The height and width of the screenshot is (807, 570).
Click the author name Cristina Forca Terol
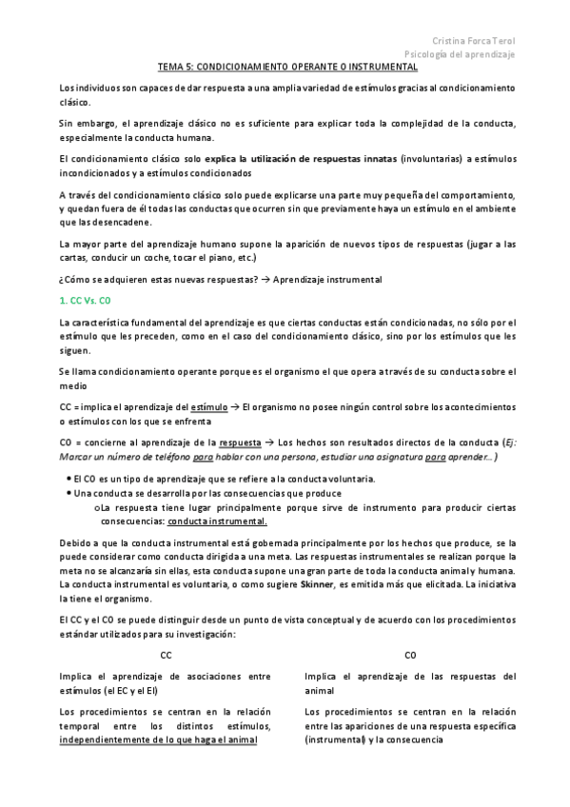473,41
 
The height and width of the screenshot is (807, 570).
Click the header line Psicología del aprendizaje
460,55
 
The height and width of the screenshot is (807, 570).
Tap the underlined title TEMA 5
287,69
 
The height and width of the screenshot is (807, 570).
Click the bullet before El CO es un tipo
69,479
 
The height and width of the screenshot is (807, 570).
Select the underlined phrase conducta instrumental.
217,522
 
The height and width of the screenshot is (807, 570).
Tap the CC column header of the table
166,656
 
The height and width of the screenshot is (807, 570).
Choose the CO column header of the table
410,656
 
